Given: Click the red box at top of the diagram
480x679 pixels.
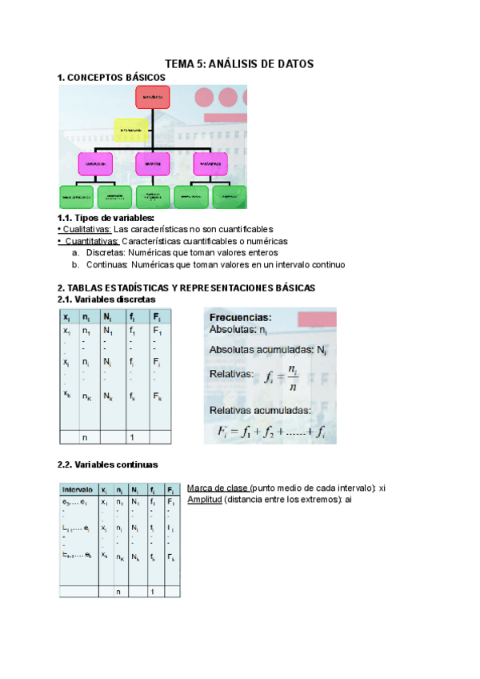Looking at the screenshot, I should coord(146,98).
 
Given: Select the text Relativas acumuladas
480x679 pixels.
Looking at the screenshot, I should coord(261,410).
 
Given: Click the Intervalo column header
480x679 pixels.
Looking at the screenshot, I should coord(78,489).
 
